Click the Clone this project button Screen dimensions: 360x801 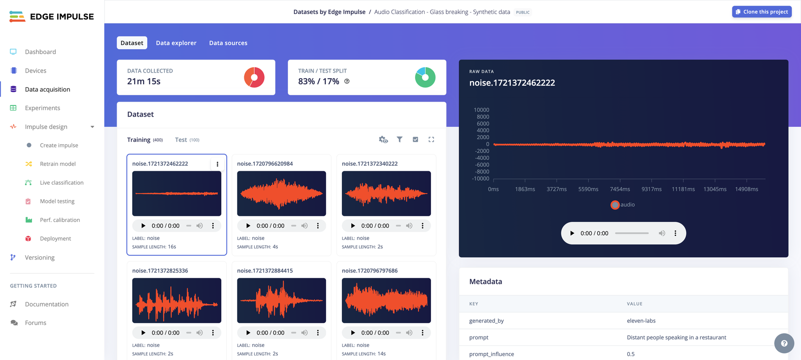click(761, 12)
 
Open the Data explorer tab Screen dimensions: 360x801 click(176, 43)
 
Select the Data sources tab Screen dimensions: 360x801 click(228, 43)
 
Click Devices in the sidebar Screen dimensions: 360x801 click(36, 71)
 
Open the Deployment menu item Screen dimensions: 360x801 click(55, 239)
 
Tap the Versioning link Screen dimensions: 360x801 click(40, 257)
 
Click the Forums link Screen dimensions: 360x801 click(36, 323)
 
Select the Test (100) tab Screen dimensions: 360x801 click(187, 140)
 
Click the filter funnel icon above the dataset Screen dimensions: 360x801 click(399, 140)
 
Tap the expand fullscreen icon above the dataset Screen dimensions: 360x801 click(431, 140)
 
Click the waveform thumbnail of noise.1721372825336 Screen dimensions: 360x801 click(177, 300)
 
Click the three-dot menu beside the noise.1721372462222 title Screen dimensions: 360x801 click(217, 164)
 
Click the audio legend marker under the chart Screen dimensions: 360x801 click(615, 205)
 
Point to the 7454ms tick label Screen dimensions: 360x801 click(620, 189)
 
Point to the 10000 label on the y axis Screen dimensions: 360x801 click(481, 110)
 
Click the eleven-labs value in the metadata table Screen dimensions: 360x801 click(641, 321)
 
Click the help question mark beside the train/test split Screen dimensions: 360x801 click(347, 81)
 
